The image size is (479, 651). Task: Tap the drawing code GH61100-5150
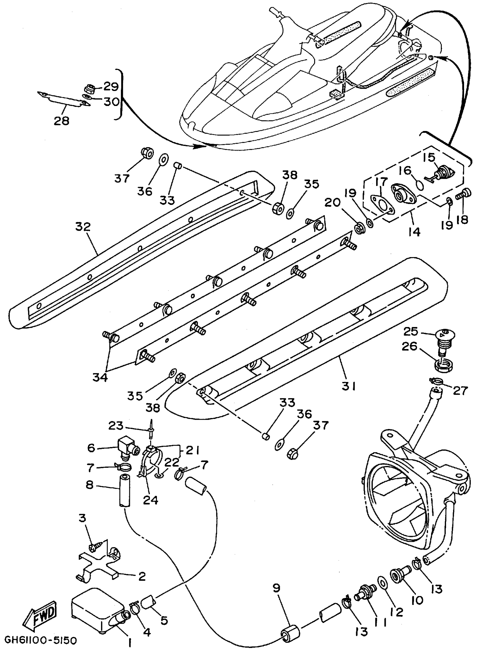[x=41, y=640]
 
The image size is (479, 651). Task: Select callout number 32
[x=83, y=227]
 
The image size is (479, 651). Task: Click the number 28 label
[x=61, y=121]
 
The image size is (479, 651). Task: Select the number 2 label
[x=142, y=577]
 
